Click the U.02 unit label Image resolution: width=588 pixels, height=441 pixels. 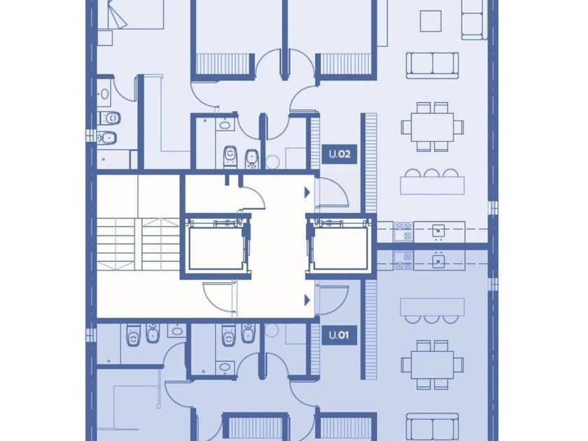339,154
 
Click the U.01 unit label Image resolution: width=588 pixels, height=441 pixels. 339,335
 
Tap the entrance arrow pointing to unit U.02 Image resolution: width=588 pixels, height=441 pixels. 307,192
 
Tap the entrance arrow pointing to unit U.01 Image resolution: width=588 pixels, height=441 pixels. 307,300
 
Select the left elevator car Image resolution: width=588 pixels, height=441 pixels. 216,248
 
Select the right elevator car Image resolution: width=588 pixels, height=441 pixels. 340,248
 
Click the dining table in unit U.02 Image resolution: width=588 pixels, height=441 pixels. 433,127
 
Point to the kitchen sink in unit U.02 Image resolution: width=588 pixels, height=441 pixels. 438,230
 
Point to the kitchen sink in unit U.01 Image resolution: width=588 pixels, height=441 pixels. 438,261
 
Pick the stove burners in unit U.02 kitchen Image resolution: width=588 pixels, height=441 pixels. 403,232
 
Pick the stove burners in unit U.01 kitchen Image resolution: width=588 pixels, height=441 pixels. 403,261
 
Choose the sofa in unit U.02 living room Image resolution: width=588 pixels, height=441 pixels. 433,66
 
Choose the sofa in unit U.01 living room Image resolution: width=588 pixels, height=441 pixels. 433,427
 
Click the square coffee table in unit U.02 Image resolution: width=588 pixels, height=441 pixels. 430,21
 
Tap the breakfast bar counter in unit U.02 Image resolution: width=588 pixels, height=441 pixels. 433,185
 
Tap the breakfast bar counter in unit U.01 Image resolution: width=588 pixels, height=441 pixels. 433,307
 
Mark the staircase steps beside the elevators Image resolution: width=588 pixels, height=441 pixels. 139,244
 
